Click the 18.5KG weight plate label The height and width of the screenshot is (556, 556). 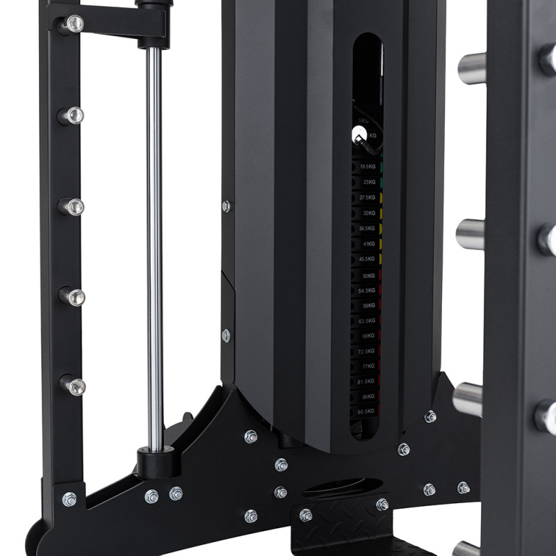pyautogui.click(x=367, y=167)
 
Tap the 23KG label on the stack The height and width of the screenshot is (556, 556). pyautogui.click(x=368, y=183)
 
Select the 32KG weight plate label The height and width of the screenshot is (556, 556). pyautogui.click(x=368, y=213)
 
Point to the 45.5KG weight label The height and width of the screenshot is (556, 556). pyautogui.click(x=367, y=259)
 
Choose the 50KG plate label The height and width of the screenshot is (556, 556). pyautogui.click(x=368, y=275)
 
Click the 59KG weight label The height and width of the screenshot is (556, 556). pyautogui.click(x=368, y=306)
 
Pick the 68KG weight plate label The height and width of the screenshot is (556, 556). pyautogui.click(x=368, y=336)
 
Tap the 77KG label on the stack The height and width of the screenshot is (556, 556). pyautogui.click(x=368, y=366)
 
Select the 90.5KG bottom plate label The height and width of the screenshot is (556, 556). pyautogui.click(x=366, y=413)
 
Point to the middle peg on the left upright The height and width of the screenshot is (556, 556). pyautogui.click(x=72, y=206)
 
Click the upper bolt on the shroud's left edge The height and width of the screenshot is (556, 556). pyautogui.click(x=226, y=206)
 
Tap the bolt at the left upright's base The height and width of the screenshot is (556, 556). pyautogui.click(x=69, y=499)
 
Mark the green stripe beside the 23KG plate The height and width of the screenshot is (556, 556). pyautogui.click(x=382, y=183)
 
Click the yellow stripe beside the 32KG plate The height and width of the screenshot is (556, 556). pyautogui.click(x=382, y=213)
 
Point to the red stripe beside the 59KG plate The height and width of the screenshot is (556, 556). pyautogui.click(x=382, y=306)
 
